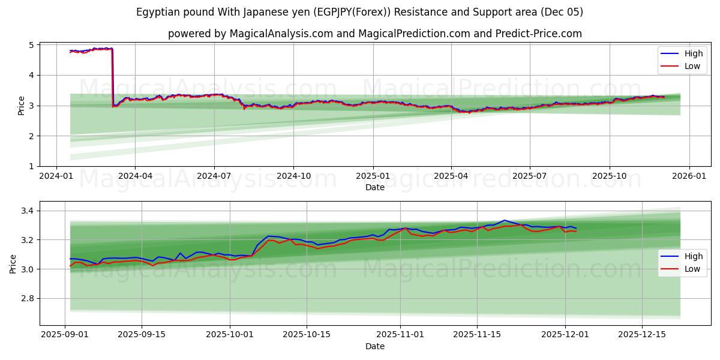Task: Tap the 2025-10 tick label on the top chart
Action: (610, 176)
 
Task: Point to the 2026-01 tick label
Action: (689, 176)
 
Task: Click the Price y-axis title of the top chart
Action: (22, 106)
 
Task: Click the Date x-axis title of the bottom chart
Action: (374, 346)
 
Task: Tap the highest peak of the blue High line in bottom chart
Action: (504, 220)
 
